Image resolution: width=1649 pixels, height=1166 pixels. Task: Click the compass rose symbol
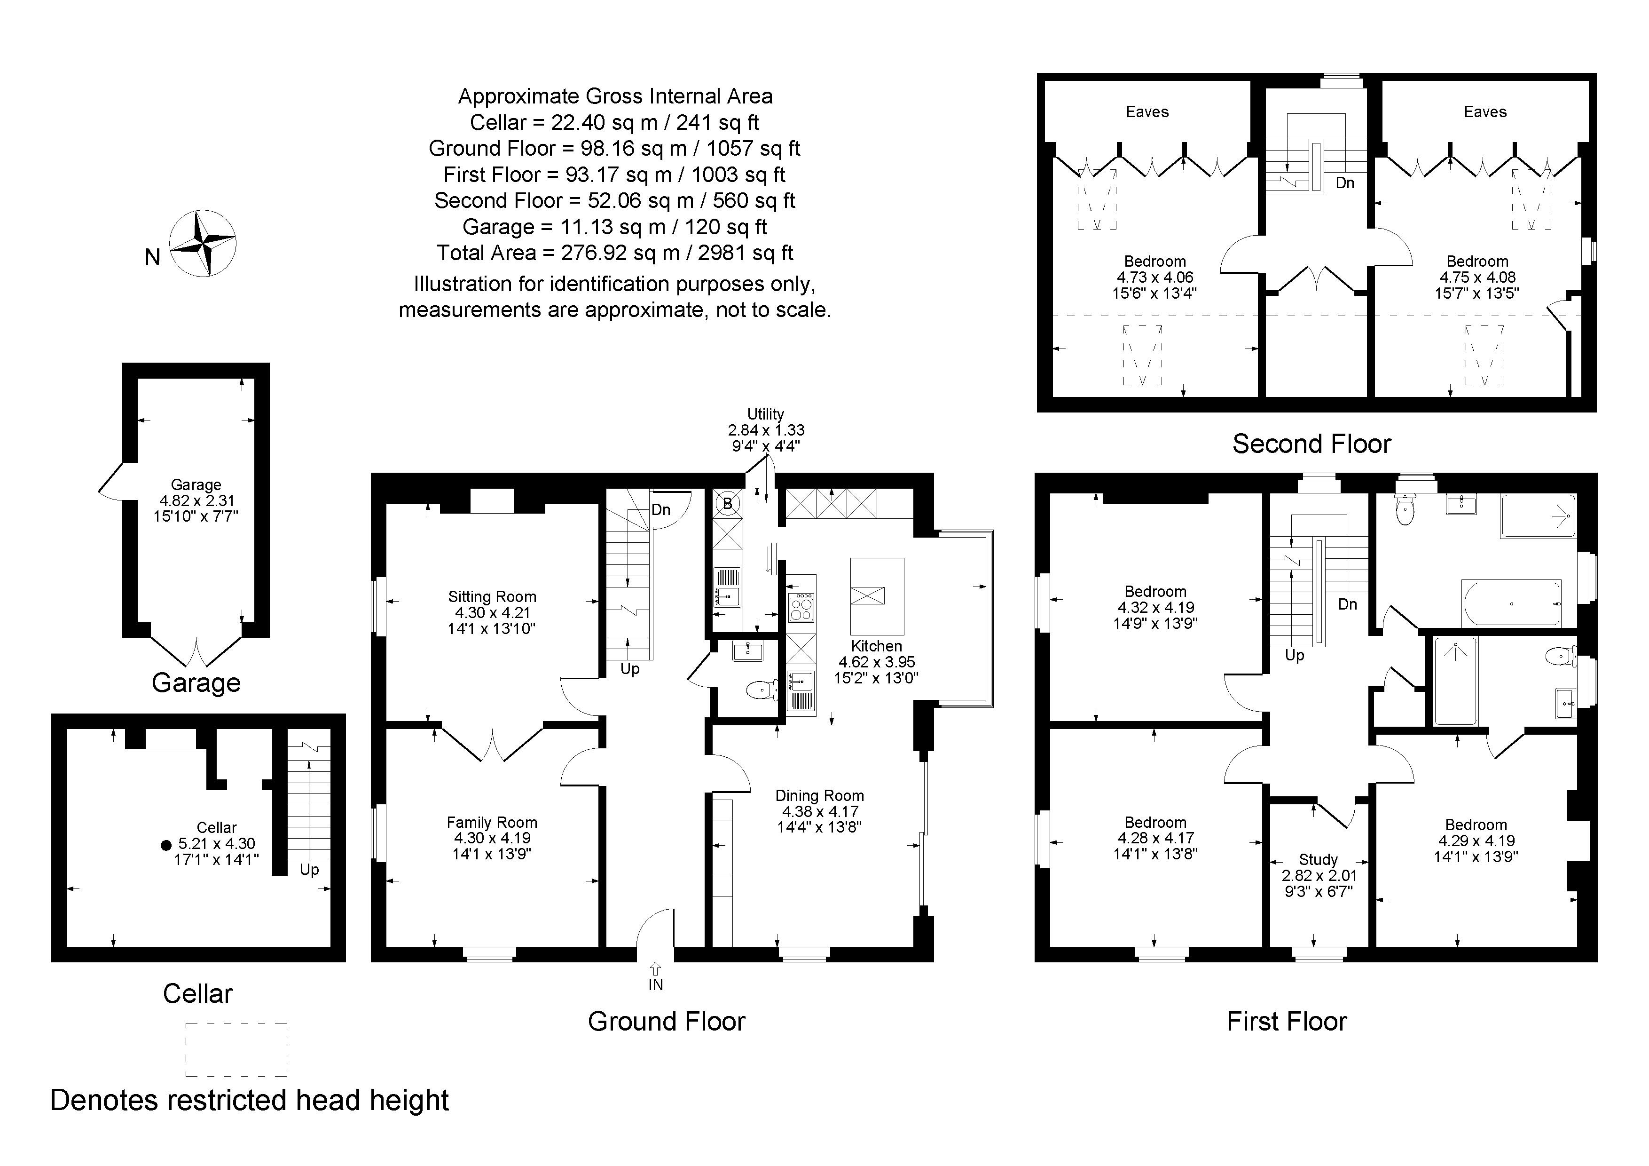(203, 244)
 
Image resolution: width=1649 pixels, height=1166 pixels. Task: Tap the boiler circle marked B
(728, 504)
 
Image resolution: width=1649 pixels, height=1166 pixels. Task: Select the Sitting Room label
(492, 596)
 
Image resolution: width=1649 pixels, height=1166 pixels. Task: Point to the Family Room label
(492, 822)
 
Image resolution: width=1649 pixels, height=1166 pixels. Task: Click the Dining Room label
(819, 795)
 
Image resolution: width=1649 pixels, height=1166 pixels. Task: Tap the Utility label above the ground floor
(766, 414)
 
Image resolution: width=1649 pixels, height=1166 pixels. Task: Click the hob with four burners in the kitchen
(801, 607)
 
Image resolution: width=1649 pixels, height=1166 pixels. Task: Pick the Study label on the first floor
(1319, 859)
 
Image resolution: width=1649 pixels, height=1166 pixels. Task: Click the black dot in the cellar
(166, 845)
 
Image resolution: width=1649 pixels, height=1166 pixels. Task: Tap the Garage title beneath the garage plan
(196, 682)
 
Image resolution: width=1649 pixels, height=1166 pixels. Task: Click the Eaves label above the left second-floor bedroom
(1147, 111)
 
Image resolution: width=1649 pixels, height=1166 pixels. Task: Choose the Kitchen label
(876, 645)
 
